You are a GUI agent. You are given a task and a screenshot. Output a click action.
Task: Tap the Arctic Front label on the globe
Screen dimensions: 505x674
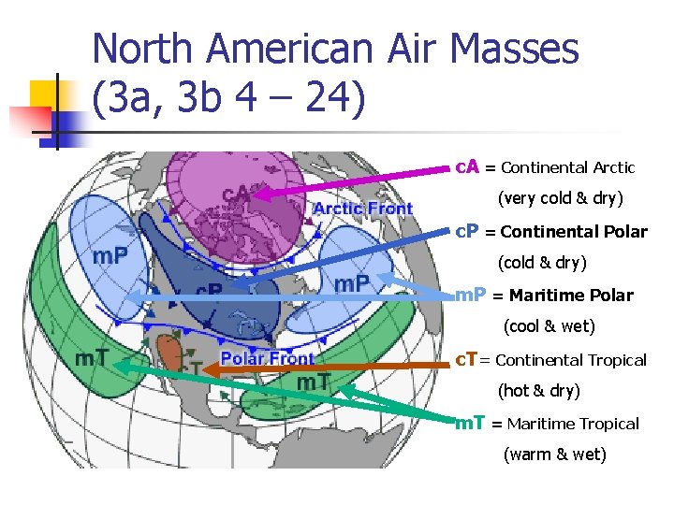[x=362, y=208]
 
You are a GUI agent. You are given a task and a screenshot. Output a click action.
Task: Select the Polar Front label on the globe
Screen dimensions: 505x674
[x=268, y=358]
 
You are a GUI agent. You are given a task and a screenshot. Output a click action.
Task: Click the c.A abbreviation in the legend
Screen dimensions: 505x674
[x=467, y=167]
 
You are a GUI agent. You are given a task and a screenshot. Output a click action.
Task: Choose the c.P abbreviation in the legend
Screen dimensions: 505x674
[x=467, y=231]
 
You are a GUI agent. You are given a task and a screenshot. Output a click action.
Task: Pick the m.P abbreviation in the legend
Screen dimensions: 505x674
[x=470, y=295]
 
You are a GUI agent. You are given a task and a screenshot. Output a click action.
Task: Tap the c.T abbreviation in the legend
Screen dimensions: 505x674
[x=466, y=359]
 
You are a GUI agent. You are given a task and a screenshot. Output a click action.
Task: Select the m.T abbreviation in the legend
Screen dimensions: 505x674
[x=470, y=423]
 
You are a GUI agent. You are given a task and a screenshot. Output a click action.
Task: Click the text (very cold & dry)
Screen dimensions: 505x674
[x=560, y=199]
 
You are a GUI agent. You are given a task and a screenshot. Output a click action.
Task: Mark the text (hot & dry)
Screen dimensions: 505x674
[x=538, y=391]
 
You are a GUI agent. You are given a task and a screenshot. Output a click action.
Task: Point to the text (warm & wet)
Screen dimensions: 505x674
[x=555, y=454]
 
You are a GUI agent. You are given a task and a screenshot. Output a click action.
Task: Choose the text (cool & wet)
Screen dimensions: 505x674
[x=549, y=327]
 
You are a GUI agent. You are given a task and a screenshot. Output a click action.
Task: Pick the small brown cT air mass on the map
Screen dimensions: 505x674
[x=169, y=353]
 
